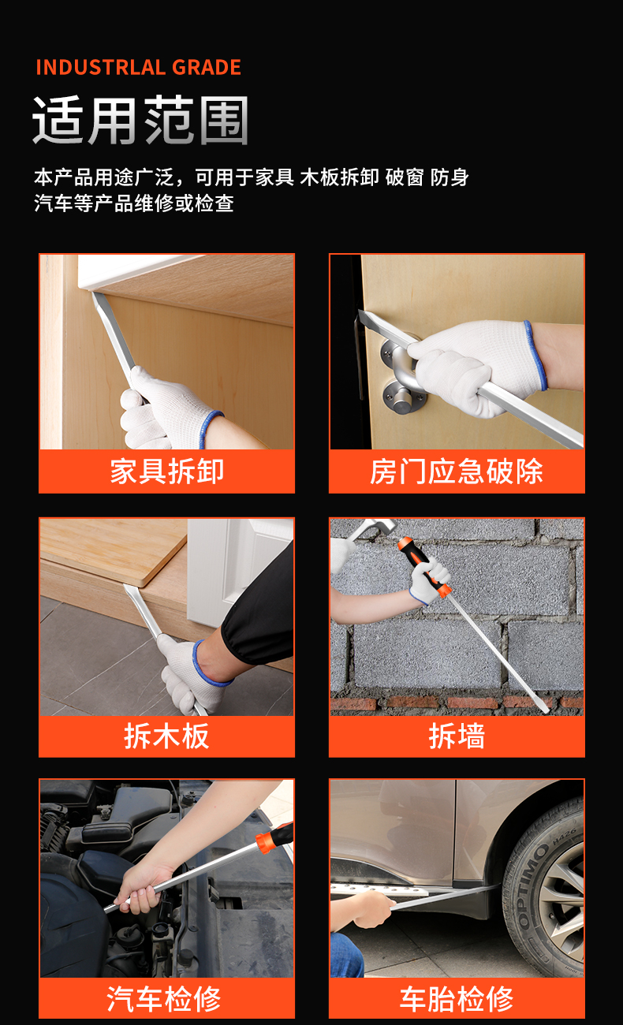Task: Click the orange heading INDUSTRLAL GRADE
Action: point(138,67)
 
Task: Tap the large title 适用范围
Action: point(140,121)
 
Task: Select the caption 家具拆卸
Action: point(166,471)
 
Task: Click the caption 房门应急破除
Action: point(457,471)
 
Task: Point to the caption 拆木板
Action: point(166,736)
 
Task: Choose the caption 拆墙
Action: point(457,736)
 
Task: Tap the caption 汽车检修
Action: point(164,999)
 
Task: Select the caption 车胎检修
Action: point(457,999)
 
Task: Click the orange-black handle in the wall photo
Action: point(424,567)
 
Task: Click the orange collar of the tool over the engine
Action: point(265,842)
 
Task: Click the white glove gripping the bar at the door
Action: point(476,367)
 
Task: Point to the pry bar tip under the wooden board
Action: point(130,593)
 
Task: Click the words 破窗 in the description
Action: point(405,177)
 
